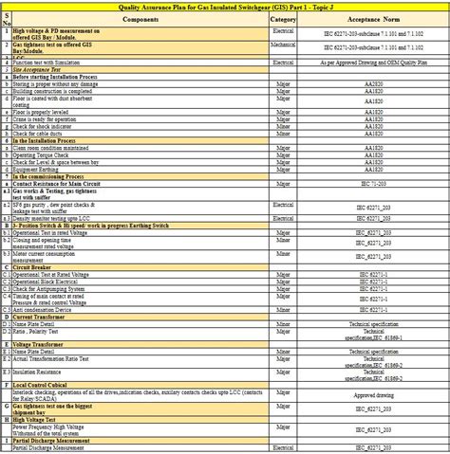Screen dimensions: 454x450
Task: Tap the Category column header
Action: [x=283, y=19]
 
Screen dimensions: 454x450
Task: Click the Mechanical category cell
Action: [x=283, y=44]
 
